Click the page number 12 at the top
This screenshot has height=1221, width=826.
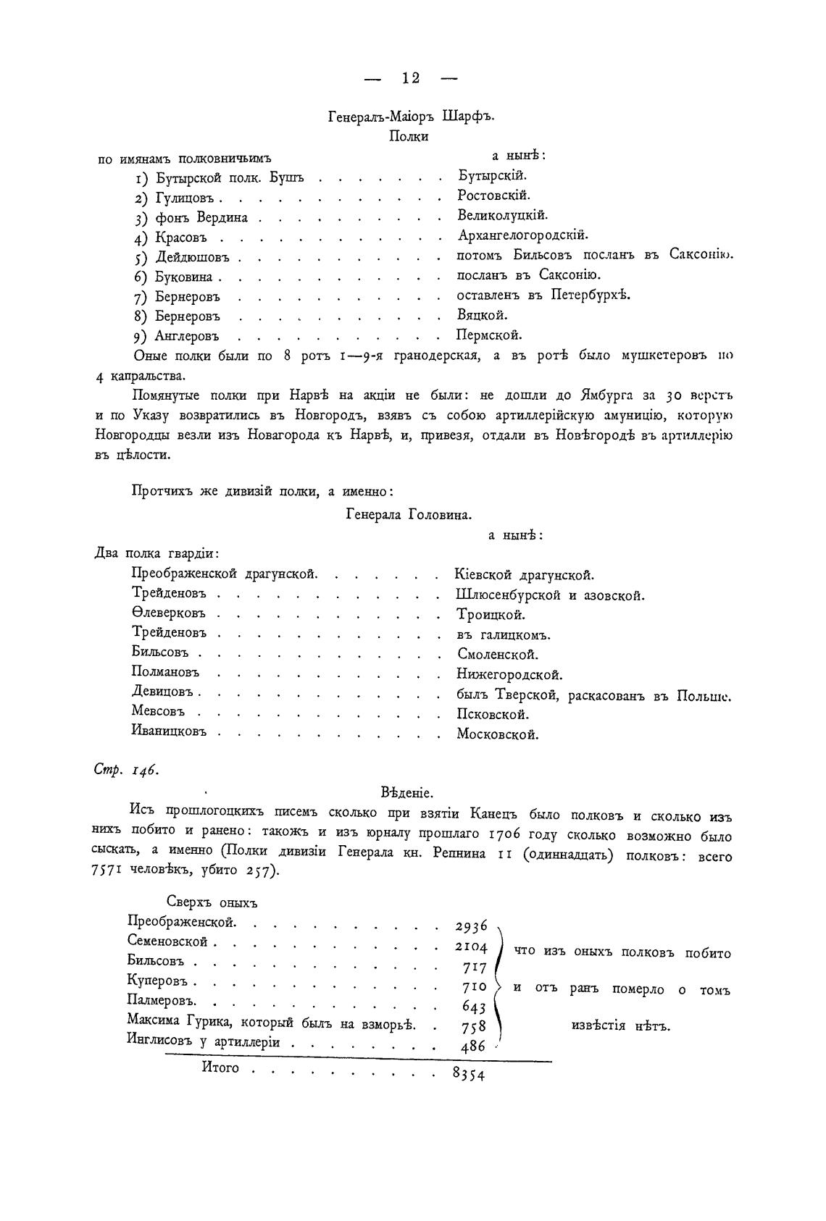tap(411, 78)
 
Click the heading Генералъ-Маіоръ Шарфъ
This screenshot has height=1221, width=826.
tap(410, 117)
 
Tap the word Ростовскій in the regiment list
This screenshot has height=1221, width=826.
tap(493, 196)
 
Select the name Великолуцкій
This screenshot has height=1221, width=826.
tap(502, 215)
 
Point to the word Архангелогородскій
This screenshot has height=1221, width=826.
tap(522, 235)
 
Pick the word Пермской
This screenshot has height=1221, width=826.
tap(489, 335)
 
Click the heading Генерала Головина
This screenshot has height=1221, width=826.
tap(409, 516)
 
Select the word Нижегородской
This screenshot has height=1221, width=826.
tap(509, 675)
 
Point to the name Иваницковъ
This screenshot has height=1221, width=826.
tap(169, 731)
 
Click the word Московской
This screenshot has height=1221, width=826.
tap(498, 734)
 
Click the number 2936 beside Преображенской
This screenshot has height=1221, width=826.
tap(472, 927)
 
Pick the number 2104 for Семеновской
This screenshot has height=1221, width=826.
tap(472, 947)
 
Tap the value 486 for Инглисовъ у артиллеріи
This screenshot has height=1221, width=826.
tap(473, 1046)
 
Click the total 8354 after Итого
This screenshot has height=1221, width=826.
tap(468, 1075)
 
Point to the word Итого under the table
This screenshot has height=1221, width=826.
tap(220, 1068)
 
